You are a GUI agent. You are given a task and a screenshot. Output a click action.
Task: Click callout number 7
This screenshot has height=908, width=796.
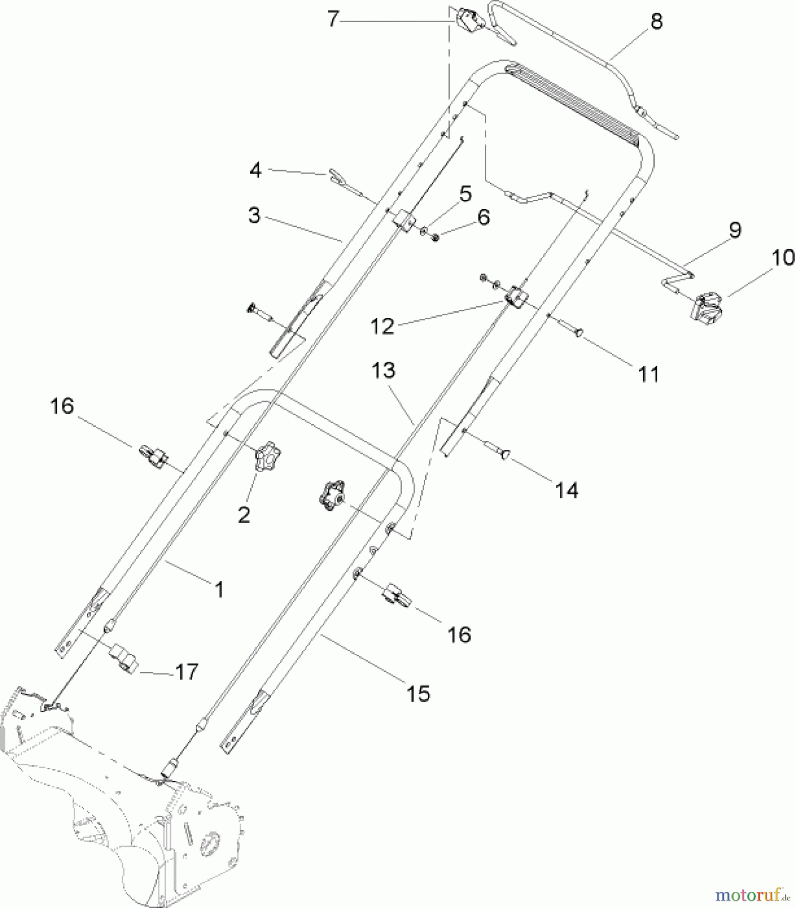pyautogui.click(x=332, y=20)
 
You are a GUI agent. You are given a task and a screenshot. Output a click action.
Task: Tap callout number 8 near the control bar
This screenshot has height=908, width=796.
pyautogui.click(x=656, y=21)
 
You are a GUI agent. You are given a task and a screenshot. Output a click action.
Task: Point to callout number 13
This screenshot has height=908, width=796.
pyautogui.click(x=383, y=371)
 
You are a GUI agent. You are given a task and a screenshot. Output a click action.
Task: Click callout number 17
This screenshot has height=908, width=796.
pyautogui.click(x=187, y=671)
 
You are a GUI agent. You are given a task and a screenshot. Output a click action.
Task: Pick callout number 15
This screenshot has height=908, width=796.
pyautogui.click(x=418, y=693)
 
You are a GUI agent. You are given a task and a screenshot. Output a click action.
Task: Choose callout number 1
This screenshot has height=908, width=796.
pyautogui.click(x=219, y=589)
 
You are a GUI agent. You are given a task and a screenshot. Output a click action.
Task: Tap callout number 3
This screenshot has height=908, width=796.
pyautogui.click(x=254, y=215)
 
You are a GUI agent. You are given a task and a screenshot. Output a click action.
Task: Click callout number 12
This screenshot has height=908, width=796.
pyautogui.click(x=382, y=326)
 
